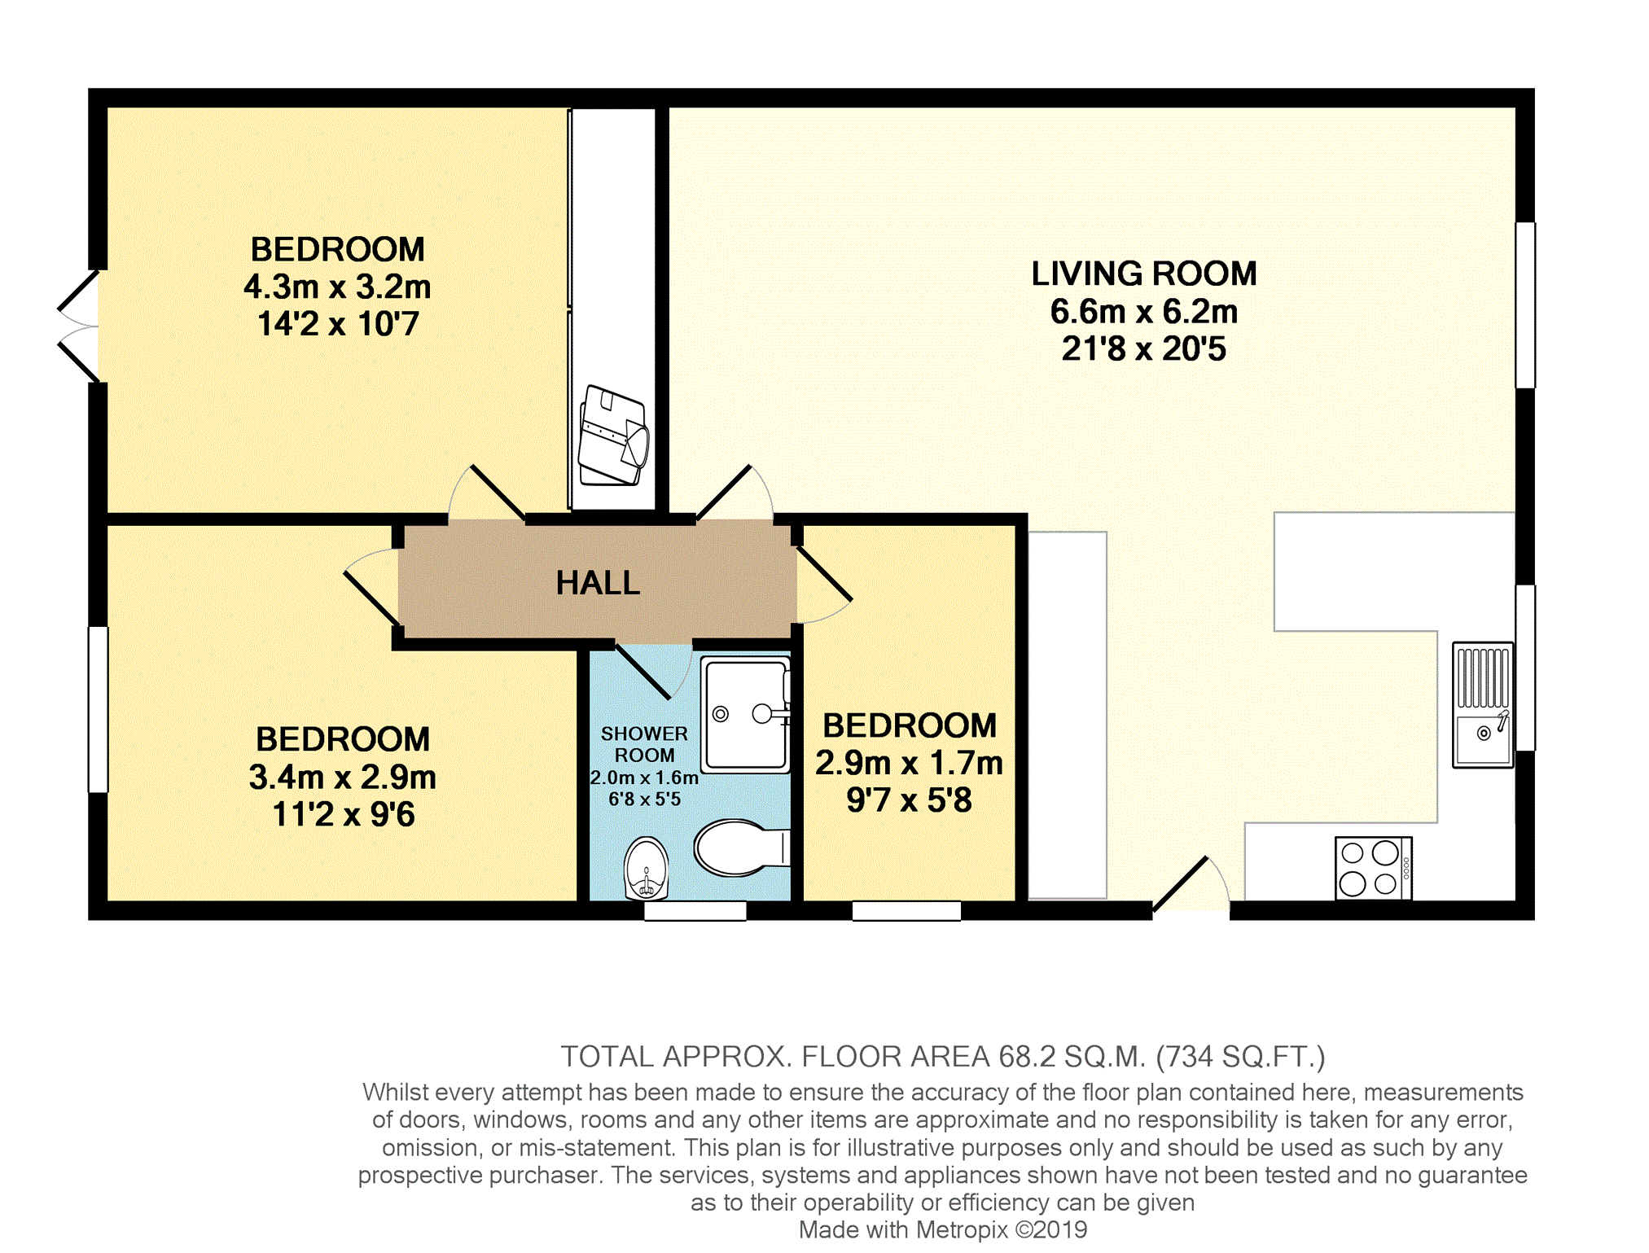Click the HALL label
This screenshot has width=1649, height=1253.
tap(598, 583)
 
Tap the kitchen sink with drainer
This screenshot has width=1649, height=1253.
tap(1483, 705)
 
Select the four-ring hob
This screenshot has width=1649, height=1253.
tap(1374, 868)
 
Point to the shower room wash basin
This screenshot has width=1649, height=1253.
tap(647, 869)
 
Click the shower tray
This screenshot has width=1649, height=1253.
tap(746, 715)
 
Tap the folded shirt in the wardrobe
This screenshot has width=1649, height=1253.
tap(613, 436)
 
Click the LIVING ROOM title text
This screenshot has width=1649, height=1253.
tap(1144, 274)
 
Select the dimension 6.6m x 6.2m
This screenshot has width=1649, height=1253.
tap(1144, 311)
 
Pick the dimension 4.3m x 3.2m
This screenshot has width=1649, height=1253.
tap(337, 287)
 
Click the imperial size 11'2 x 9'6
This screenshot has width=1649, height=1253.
tap(343, 814)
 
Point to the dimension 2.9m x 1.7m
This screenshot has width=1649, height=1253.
tap(909, 763)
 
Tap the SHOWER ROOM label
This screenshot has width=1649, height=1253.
tap(644, 744)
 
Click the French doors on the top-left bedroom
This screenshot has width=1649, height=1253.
tap(79, 326)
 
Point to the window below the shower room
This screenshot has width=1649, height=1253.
tap(695, 911)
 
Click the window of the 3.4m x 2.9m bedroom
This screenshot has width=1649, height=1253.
tap(99, 709)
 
